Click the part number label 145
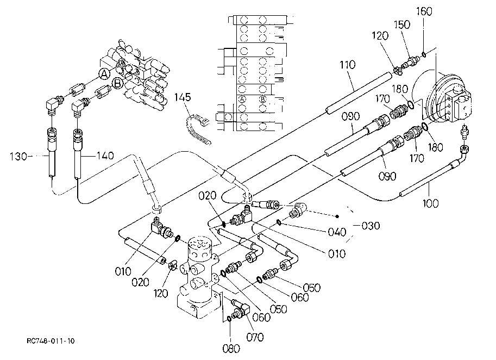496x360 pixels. [183, 97]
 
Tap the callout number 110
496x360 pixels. [348, 65]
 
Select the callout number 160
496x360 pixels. [424, 11]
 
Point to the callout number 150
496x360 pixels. [402, 24]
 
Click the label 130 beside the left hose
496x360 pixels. [18, 157]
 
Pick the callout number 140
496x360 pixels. [105, 156]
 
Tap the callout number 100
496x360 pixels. [430, 203]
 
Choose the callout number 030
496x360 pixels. [371, 226]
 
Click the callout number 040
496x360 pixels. [337, 232]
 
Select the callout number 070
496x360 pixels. [255, 338]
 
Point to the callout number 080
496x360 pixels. [231, 349]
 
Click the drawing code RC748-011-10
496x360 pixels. [51, 341]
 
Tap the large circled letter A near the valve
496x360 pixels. [104, 74]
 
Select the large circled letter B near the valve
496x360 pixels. [118, 84]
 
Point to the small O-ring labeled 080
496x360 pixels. [230, 318]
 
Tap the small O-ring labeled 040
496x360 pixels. [279, 222]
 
